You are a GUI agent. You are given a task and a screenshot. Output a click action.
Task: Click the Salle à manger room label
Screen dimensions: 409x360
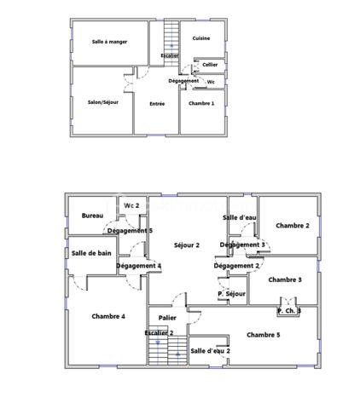coord(110,42)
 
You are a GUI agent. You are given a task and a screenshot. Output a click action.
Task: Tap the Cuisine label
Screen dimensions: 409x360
coord(201,38)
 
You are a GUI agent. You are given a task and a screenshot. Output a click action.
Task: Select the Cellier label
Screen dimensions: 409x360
coord(209,65)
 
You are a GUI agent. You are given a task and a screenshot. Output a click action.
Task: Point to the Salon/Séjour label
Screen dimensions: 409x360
coord(102,102)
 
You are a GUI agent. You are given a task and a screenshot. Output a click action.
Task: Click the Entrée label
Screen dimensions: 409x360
coord(157,104)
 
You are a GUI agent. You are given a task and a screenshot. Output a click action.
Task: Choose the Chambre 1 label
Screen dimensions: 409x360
coord(201,103)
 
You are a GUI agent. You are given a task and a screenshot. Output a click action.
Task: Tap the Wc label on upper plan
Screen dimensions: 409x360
coord(212,82)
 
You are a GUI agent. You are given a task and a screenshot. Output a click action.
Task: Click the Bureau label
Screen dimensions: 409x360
coord(92,216)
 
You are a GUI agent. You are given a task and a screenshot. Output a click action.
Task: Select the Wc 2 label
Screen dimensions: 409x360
coord(131,206)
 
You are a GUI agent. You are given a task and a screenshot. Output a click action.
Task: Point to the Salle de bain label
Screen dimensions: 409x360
coord(91,253)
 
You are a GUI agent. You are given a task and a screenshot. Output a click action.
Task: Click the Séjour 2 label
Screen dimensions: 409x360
coord(186,245)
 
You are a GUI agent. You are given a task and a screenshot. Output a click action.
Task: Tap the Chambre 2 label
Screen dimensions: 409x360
coord(292,226)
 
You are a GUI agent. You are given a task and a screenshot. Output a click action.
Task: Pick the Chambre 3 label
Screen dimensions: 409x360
coord(285,279)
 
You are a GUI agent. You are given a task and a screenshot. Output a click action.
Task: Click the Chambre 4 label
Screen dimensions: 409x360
coord(108,316)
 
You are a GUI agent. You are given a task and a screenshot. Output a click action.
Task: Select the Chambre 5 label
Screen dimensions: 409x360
coord(264,335)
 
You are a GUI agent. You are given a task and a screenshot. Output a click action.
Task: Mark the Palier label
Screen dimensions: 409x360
coord(167,318)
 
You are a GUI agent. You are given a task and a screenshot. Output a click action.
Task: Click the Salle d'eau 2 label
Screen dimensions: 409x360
coord(210,350)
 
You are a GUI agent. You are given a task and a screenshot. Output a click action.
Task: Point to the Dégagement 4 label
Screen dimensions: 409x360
coord(138,266)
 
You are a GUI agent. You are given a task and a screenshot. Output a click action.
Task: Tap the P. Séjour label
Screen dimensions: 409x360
coord(231,294)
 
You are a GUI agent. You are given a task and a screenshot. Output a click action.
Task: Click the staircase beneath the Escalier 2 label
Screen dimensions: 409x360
coord(167,350)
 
